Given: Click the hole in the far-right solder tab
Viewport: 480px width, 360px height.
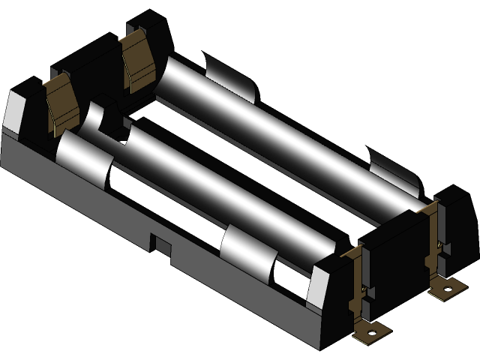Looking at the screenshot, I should [x=448, y=287].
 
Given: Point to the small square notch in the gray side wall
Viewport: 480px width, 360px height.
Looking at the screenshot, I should [x=160, y=244].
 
